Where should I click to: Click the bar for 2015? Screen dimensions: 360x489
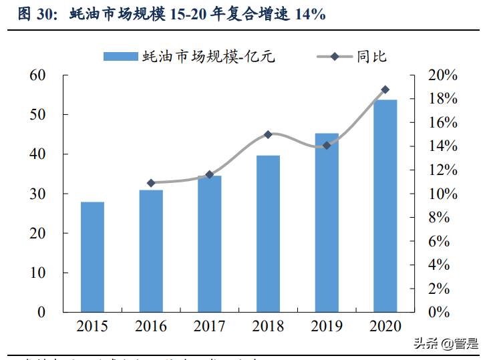tap(92, 257)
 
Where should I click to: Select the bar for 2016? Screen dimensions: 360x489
tap(151, 251)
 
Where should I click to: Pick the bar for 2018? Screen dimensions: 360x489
tap(268, 234)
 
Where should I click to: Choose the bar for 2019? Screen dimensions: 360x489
tap(327, 222)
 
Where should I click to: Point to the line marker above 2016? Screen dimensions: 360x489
tap(151, 183)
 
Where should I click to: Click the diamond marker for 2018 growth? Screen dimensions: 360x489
tap(268, 134)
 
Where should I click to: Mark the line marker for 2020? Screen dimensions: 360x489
tap(385, 89)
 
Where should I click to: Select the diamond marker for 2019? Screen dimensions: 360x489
tap(327, 145)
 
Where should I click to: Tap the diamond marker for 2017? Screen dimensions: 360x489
tap(209, 175)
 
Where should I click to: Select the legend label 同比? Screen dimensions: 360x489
tap(371, 57)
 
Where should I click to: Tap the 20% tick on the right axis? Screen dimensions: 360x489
tap(442, 75)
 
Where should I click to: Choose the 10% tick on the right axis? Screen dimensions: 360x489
tap(442, 194)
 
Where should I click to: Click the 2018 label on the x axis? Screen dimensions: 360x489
tap(268, 327)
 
